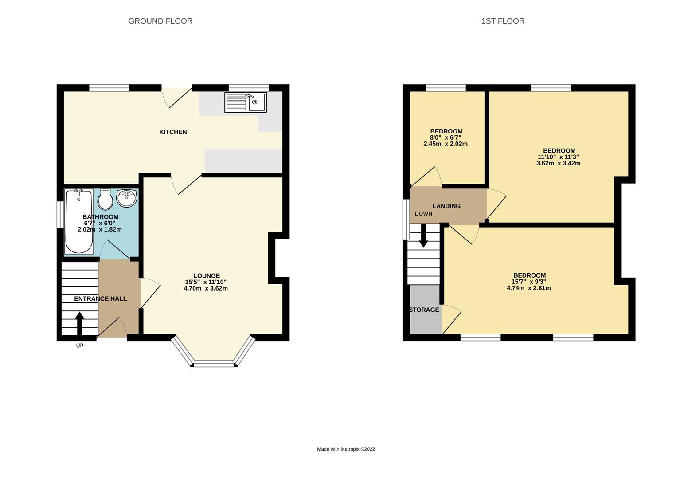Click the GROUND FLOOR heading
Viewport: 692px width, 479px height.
click(160, 21)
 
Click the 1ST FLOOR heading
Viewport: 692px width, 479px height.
click(503, 21)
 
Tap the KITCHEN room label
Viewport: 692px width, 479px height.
click(173, 132)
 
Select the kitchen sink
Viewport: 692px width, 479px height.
click(245, 102)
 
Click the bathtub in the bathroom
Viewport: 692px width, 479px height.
click(79, 220)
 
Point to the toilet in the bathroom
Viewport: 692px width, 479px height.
click(105, 200)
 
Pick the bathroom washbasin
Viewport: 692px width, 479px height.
click(127, 198)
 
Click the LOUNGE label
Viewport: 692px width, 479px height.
click(206, 275)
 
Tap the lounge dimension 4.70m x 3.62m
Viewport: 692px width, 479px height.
click(206, 288)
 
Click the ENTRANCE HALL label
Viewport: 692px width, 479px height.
click(100, 298)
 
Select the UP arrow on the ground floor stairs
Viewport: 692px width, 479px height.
click(79, 323)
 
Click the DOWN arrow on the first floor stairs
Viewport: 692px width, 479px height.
click(423, 235)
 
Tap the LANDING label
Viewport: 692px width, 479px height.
click(446, 206)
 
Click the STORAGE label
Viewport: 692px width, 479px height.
click(424, 310)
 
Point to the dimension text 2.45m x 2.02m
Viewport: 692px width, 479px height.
click(446, 144)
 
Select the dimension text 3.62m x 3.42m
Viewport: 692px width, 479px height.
click(558, 163)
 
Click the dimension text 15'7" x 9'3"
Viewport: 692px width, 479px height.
click(528, 282)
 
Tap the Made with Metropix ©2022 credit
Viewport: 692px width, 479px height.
click(346, 449)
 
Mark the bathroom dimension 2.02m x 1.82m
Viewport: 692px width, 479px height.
click(100, 229)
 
